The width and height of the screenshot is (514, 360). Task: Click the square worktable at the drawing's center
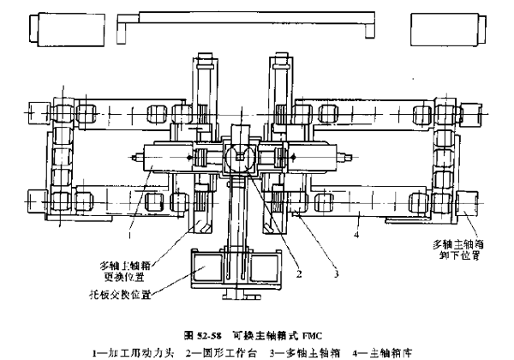point(239,158)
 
